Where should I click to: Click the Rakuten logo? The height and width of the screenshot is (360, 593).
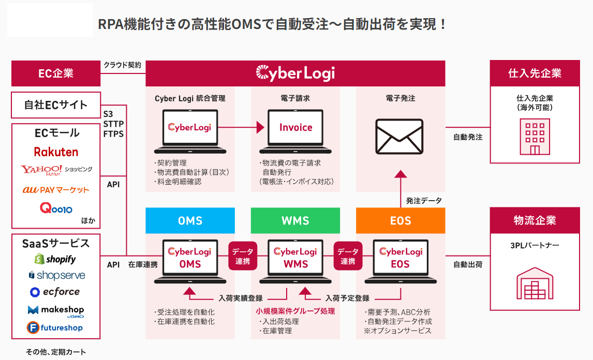pos(56,152)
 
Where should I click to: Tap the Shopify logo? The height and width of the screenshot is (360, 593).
pos(55,259)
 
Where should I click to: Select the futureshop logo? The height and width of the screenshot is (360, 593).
pos(55,327)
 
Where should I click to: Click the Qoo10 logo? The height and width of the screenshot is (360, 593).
pos(56,208)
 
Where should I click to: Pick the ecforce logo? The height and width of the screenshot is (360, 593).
pos(55,292)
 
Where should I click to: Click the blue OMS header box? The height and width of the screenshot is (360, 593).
pos(190,221)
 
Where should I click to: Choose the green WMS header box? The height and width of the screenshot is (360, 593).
pos(295,221)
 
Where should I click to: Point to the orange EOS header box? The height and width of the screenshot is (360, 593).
pos(401,221)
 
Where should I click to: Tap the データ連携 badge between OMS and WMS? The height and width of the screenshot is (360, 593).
pos(243,257)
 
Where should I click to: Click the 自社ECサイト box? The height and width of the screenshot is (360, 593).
pos(56,105)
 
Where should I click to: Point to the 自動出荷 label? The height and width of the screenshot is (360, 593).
pos(468,264)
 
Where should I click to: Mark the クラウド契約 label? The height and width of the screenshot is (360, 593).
pos(122,65)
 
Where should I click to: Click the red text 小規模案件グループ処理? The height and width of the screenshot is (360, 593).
pos(295,311)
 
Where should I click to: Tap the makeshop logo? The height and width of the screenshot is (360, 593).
pos(56,310)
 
